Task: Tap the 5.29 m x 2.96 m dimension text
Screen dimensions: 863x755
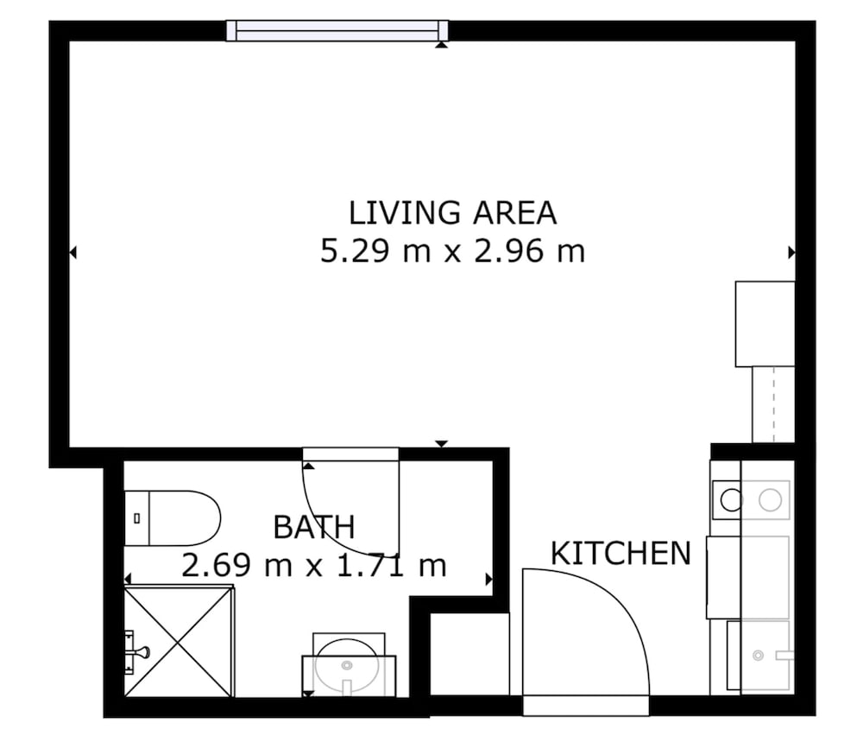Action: click(452, 251)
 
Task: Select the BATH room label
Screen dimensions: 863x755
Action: click(314, 527)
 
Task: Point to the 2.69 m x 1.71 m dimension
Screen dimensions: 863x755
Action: click(314, 566)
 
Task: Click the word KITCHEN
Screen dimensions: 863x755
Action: click(620, 554)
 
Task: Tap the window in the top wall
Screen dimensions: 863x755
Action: click(337, 30)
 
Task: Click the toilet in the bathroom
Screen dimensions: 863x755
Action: click(173, 518)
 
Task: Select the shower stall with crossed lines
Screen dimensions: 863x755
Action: click(179, 643)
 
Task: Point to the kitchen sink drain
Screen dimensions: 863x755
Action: click(758, 656)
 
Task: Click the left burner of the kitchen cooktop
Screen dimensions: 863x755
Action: click(732, 500)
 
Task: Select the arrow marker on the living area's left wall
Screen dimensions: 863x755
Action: click(72, 252)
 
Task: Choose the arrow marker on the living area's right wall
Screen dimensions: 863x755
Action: click(791, 252)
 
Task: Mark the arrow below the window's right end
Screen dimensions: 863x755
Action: click(441, 45)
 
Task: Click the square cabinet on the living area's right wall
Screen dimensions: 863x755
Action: click(765, 324)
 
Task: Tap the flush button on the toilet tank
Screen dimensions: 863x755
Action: click(137, 518)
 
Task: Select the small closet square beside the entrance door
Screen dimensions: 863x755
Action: click(469, 654)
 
